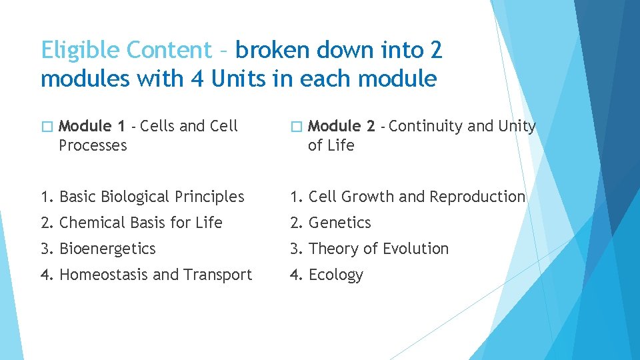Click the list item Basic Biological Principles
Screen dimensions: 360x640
point(151,197)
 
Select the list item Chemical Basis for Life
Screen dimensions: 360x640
point(141,223)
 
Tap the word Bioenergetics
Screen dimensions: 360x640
point(107,249)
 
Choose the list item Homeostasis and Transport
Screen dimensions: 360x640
point(155,275)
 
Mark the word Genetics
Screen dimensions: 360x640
point(339,223)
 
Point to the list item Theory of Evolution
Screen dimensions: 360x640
point(378,249)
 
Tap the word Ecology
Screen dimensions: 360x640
point(336,275)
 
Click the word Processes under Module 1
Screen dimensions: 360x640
point(93,145)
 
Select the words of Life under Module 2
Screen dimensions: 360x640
point(331,145)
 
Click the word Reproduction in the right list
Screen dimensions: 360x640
point(477,197)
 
